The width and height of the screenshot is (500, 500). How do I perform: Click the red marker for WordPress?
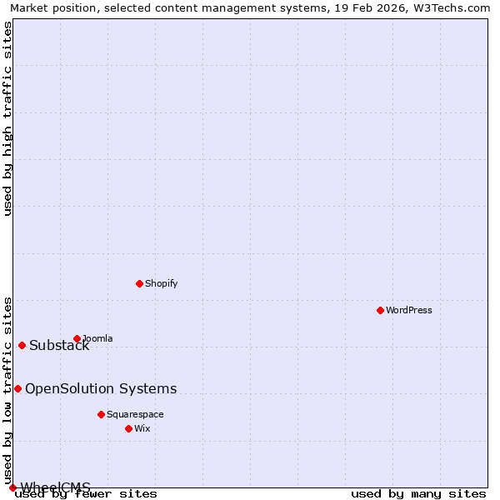coord(380,310)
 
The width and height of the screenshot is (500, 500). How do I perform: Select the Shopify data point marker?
coord(139,283)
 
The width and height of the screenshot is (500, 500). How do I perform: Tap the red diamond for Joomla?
coord(77,338)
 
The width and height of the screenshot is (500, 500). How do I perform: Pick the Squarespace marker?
coord(101,414)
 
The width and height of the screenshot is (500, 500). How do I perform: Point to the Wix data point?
coord(128,428)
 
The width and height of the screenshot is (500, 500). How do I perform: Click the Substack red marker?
coord(22,345)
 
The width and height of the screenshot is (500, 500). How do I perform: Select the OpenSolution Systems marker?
coord(17,388)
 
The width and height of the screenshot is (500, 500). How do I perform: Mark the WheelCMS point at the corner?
coord(12,487)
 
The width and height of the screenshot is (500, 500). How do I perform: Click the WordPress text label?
coord(408,310)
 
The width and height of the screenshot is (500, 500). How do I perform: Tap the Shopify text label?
coord(161,283)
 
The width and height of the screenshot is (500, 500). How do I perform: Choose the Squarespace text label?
coord(135,414)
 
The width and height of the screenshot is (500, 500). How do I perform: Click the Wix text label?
coord(142,428)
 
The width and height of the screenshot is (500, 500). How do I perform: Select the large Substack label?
coord(59,346)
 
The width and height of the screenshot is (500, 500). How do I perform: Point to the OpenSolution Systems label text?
coord(101,388)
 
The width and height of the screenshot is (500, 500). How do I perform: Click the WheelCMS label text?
coord(55,487)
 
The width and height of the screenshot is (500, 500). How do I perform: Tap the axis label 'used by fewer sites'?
coord(87,494)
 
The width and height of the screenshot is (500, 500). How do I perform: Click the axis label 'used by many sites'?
coord(418,494)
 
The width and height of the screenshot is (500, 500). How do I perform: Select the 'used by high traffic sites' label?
coord(7,118)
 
